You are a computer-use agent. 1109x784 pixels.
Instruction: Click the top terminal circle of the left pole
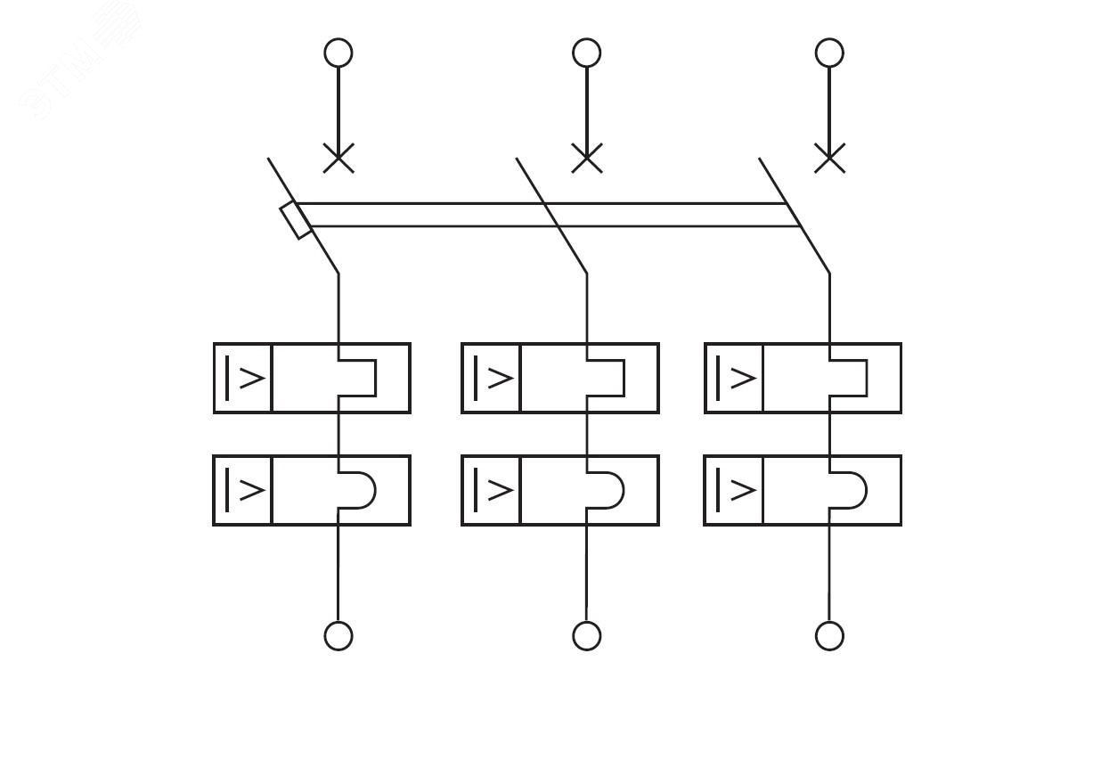coord(338,53)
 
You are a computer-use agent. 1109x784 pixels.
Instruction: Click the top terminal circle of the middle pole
coord(586,53)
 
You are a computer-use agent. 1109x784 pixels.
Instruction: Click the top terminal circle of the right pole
coord(829,53)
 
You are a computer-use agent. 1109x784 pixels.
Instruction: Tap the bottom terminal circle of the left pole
coord(338,636)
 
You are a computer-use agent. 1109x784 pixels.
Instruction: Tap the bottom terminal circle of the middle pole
coord(586,636)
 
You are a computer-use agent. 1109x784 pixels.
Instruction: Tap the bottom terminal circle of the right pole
coord(829,636)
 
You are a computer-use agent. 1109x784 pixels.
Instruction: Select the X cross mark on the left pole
coord(338,159)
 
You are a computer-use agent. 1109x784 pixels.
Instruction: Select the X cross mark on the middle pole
coord(586,159)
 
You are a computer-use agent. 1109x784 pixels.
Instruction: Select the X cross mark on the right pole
coord(829,159)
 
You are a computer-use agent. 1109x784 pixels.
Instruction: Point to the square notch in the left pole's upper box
coord(358,378)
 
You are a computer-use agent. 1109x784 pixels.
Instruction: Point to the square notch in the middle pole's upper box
coord(606,378)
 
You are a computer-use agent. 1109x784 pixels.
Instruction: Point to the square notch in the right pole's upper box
coord(849,378)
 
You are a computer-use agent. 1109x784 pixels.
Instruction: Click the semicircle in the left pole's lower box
coord(358,490)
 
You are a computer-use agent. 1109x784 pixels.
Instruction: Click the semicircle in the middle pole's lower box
coord(606,490)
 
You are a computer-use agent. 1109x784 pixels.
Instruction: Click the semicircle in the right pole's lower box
coord(849,490)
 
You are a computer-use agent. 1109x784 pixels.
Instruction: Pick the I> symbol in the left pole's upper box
coord(243,378)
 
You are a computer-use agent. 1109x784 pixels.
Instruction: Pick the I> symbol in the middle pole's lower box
coord(492,490)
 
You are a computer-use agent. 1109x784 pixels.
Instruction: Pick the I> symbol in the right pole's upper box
coord(735,378)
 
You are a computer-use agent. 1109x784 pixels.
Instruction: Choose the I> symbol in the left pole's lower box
coord(243,490)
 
